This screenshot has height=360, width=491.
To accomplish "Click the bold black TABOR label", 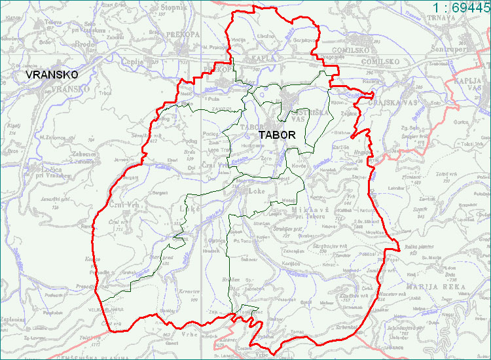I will (x=277, y=135).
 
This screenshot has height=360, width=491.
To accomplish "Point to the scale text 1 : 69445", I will (x=461, y=7).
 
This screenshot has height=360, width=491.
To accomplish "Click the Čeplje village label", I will (x=132, y=61).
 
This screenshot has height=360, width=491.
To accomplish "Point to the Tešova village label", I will (x=35, y=21).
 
